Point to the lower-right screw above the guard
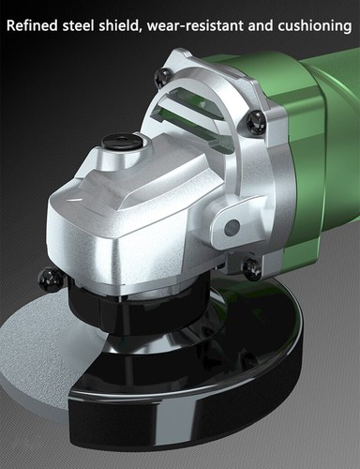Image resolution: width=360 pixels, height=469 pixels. (x=251, y=269)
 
